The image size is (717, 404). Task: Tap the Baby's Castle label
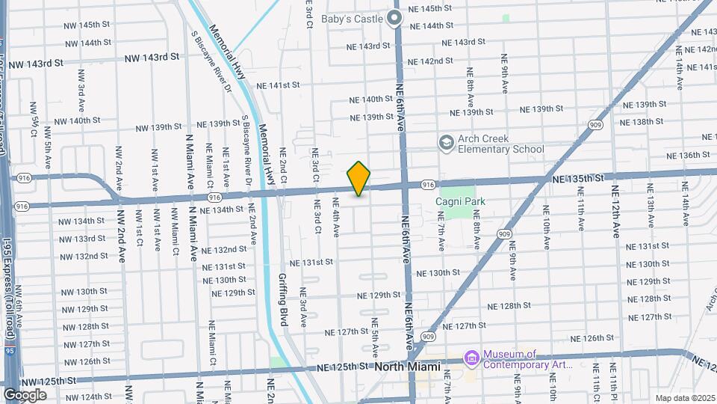pyautogui.click(x=352, y=19)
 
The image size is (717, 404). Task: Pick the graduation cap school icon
pyautogui.click(x=446, y=142)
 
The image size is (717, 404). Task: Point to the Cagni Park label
pyautogui.click(x=461, y=201)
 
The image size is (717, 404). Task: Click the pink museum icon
pyautogui.click(x=471, y=359)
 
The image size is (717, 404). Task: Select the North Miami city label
pyautogui.click(x=409, y=367)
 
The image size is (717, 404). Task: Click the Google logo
pyautogui.click(x=25, y=394)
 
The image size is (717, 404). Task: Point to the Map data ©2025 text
pyautogui.click(x=684, y=398)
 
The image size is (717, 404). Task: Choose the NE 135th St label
pyautogui.click(x=578, y=179)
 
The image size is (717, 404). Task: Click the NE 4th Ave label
pyautogui.click(x=337, y=217)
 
